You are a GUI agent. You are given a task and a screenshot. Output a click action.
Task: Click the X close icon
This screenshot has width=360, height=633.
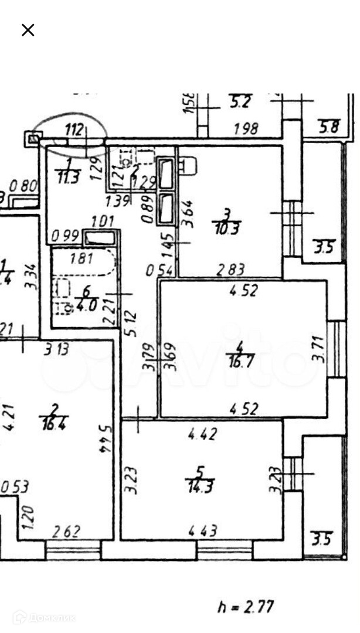tap(28, 30)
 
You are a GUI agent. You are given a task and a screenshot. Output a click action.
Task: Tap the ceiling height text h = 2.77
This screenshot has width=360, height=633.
tap(246, 606)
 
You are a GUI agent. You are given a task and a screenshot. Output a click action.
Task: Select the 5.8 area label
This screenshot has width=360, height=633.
tap(328, 125)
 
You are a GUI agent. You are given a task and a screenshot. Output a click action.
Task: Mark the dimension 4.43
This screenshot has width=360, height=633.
tap(203, 531)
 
